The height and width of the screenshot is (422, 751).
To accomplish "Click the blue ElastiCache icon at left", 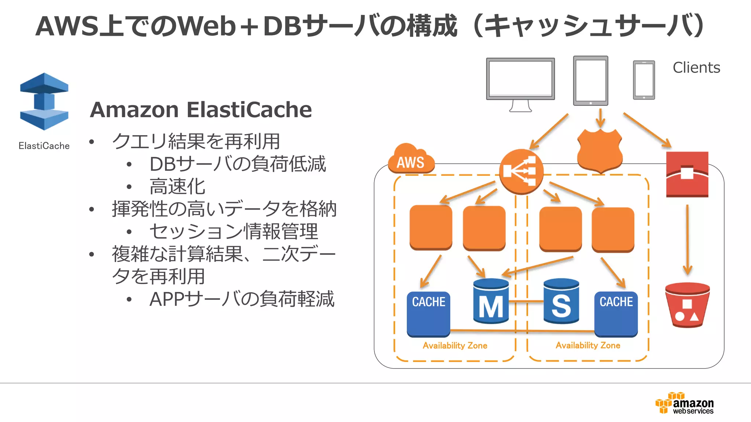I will pos(44,101).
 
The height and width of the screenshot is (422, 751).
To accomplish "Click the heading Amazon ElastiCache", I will pos(201,110).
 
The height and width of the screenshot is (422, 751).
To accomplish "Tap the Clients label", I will pos(696,68).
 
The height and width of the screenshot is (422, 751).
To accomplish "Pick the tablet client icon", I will pos(590,81).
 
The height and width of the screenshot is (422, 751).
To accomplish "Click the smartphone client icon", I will pos(644,80).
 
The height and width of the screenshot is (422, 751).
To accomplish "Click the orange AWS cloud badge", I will pos(411,160).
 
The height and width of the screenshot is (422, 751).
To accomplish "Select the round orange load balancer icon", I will pos(521,171).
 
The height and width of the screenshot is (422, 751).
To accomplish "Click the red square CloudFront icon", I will pos(687,174).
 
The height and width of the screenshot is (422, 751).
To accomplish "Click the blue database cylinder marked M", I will pos(491,301).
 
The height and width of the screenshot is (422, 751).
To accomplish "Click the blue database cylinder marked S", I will pos(561,301).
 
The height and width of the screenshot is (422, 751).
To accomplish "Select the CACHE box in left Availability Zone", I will pos(428,314).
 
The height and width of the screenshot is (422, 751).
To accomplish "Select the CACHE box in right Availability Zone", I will pos(616,314).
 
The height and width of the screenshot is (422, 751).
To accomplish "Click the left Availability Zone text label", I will pos(455,345).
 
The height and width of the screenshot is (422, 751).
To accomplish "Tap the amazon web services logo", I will pos(685,403).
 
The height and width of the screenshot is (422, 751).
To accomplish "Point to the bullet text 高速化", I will pos(177,186).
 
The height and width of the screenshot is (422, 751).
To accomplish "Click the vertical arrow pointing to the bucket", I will pos(687,240).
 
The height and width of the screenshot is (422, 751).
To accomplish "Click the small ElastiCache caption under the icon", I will pos(44,146).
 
